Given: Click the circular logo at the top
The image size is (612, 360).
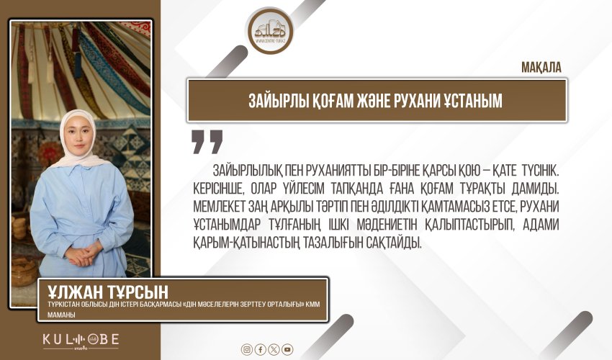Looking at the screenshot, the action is [x=270, y=31].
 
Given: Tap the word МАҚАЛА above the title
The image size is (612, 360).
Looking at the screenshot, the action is [x=541, y=68].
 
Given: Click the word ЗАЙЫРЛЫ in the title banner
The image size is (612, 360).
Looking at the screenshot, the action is [x=279, y=101].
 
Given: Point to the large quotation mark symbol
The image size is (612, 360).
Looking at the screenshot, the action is [x=207, y=142].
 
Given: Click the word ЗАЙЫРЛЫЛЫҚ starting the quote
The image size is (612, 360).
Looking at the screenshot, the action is [x=248, y=171].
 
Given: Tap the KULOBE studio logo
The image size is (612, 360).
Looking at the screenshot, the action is [x=81, y=340].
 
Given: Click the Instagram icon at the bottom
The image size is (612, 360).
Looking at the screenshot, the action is [x=247, y=349].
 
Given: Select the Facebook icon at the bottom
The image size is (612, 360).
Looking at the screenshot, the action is [x=261, y=349].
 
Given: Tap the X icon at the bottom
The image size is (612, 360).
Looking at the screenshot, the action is [x=274, y=349].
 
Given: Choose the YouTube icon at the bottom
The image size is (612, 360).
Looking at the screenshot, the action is [x=288, y=349].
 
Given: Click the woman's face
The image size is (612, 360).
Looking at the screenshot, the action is [x=77, y=137].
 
